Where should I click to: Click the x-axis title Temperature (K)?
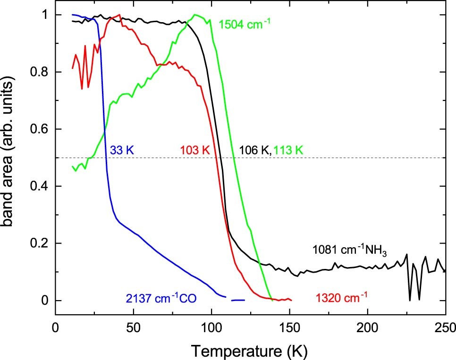251,350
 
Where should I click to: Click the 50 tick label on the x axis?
134,327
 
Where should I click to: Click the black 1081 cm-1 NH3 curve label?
350,250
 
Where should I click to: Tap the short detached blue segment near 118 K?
238,300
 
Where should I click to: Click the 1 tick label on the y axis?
45,15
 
